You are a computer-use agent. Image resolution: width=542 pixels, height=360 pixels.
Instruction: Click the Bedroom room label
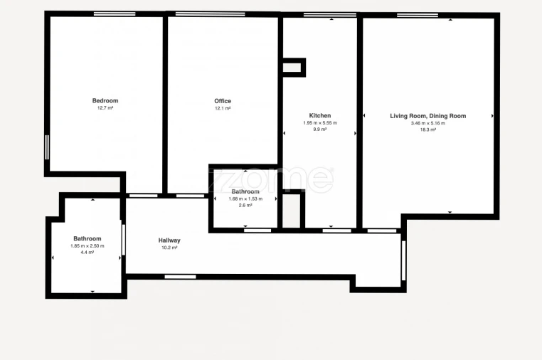[x=105, y=101]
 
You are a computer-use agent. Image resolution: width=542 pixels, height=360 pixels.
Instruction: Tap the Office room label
[x=223, y=101]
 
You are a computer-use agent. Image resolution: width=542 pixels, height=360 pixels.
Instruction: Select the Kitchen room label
[x=319, y=115]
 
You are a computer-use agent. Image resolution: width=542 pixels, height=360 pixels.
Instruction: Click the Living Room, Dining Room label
[x=427, y=115]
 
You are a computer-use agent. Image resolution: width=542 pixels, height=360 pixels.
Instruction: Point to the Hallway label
[x=169, y=240]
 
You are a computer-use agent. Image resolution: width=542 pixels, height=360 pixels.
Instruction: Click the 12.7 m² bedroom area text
[x=105, y=108]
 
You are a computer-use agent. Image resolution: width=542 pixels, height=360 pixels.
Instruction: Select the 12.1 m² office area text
[x=223, y=108]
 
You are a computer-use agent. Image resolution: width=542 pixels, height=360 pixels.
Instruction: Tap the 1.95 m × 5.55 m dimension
[x=319, y=122]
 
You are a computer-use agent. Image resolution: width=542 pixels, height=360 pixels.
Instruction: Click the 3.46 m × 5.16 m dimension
[x=427, y=122]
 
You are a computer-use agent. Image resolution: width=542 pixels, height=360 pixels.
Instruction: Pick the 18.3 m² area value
[x=427, y=129]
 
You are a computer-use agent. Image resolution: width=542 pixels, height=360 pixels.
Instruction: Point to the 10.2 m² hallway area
[x=169, y=248]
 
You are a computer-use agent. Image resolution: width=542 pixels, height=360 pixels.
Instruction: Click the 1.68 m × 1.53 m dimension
[x=245, y=198]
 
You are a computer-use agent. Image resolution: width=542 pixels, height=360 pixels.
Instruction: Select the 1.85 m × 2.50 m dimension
[x=87, y=246]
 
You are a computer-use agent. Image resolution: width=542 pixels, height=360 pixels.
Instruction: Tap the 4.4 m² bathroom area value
[x=87, y=253]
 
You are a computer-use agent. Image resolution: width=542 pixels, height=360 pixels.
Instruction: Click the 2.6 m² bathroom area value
[x=245, y=205]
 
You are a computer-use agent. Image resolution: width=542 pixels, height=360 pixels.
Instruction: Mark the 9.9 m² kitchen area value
[x=319, y=129]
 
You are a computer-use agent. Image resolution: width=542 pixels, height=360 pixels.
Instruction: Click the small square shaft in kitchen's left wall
[x=293, y=68]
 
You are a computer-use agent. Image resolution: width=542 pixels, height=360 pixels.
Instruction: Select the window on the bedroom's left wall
[x=47, y=147]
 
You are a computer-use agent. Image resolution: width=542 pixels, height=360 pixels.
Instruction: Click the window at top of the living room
[x=417, y=15]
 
